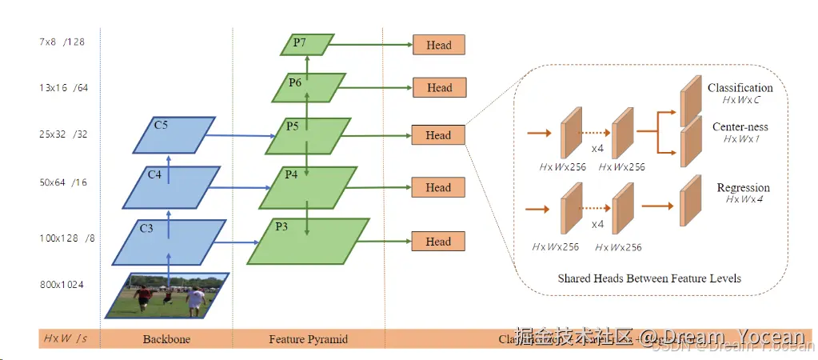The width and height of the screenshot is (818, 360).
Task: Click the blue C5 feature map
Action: tap(174, 135)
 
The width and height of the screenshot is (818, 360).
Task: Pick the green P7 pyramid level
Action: tap(304, 45)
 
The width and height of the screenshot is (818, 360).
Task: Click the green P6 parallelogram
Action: tap(309, 88)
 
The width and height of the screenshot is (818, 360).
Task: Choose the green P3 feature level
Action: tap(308, 241)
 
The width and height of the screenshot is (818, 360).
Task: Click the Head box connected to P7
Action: tap(438, 46)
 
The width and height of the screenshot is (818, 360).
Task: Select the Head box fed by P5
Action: tap(437, 135)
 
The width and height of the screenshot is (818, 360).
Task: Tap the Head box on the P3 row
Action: tap(437, 242)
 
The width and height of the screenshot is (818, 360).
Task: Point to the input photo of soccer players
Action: tap(166, 296)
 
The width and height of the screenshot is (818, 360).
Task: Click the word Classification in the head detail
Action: tap(740, 88)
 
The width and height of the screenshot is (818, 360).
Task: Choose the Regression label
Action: tap(743, 188)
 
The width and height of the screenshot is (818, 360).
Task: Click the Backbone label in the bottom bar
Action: tap(166, 339)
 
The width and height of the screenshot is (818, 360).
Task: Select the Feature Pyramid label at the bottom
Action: tap(309, 339)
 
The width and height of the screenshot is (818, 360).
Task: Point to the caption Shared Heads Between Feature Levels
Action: tap(648, 278)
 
